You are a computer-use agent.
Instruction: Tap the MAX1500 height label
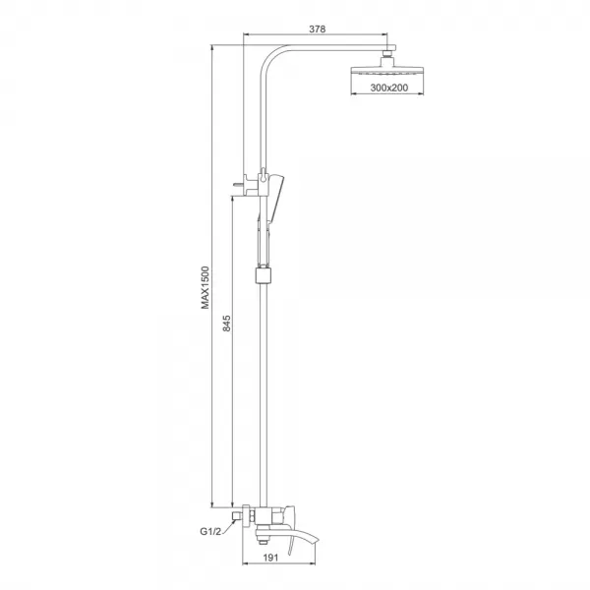click(206, 286)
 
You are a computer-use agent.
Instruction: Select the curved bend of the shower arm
click(270, 59)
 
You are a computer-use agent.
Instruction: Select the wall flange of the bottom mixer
click(249, 515)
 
